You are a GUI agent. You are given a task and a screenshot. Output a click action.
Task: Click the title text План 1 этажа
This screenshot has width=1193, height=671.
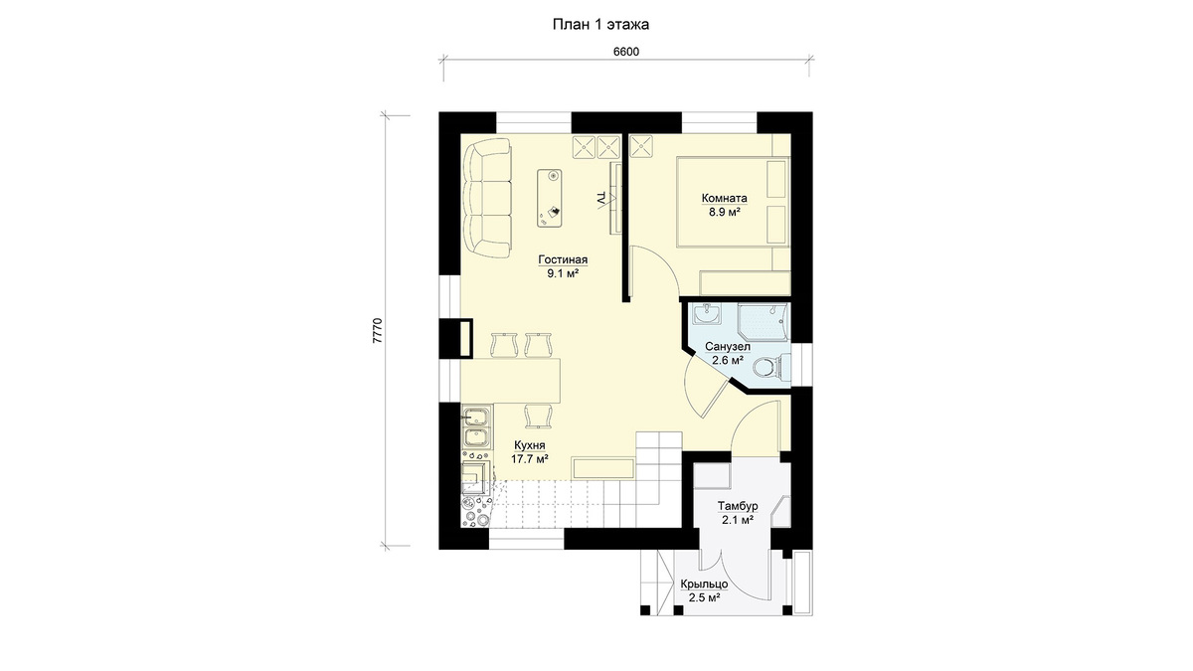pos(600,25)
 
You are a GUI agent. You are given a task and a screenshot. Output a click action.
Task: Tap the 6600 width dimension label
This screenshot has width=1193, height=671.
pos(626,52)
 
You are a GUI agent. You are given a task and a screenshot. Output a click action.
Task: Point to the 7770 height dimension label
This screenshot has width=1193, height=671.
pos(378,331)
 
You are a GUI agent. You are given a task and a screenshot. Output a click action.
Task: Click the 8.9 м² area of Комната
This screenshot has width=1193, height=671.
pos(725,212)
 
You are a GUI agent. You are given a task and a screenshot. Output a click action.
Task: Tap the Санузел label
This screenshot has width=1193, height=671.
pos(728,347)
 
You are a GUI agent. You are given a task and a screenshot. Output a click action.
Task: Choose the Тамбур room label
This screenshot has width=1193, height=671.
pos(738,505)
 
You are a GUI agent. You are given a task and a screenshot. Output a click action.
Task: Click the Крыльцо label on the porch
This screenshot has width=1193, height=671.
pos(704,585)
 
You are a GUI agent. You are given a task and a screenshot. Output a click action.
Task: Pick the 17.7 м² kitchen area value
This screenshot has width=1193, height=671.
pos(530,459)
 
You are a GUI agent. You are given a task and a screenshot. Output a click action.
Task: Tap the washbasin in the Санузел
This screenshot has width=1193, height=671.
pos(707,314)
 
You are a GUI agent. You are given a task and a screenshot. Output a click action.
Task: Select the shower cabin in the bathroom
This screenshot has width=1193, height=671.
pos(763,322)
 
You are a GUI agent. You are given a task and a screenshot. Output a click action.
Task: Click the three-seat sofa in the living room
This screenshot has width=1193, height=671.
pos(487,199)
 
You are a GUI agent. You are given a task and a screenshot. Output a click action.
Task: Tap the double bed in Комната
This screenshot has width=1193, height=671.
pos(733,202)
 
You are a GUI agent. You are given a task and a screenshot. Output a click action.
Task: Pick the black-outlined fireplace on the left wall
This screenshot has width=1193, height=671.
pos(455,338)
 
